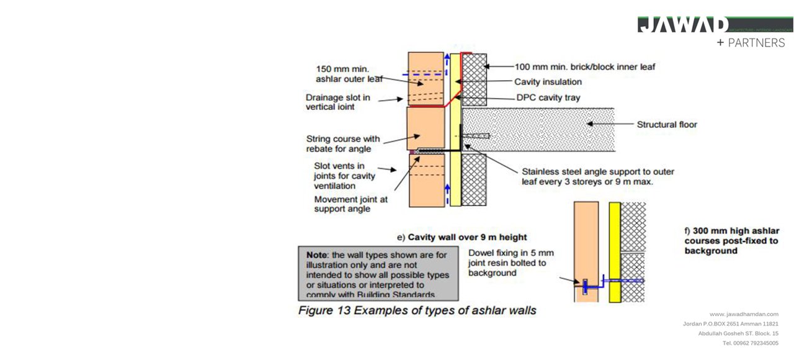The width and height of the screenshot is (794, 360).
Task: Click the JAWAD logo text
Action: coord(683,25)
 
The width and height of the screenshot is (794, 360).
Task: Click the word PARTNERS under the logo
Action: coord(756,43)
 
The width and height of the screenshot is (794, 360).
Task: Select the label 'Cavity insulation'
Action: coord(548,82)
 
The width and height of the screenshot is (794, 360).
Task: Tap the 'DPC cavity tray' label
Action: coord(548,97)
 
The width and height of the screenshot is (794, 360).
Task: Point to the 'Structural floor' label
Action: coord(667,125)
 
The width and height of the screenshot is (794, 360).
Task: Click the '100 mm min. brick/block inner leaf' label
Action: coord(585,66)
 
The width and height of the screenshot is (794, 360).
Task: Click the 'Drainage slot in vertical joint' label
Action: coord(338,102)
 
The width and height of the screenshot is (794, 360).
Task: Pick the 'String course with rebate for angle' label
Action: coord(343,144)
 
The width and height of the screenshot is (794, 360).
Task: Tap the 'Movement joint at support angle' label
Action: coord(350,204)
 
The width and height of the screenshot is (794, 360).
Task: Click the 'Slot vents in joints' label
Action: coord(344,176)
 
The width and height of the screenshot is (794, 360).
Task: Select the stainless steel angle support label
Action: coord(597,176)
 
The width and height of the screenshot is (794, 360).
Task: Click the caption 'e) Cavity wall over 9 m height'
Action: coord(462,237)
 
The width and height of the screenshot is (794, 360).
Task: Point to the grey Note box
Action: coord(378,273)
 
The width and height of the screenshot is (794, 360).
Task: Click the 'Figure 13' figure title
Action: coord(417,310)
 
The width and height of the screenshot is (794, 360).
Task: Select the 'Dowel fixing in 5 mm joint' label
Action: coord(511,263)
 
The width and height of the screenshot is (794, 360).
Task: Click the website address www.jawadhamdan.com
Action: coord(744,314)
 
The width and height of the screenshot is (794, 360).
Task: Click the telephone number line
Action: coord(750,343)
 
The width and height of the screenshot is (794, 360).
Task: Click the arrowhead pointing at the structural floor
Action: coord(591,124)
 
